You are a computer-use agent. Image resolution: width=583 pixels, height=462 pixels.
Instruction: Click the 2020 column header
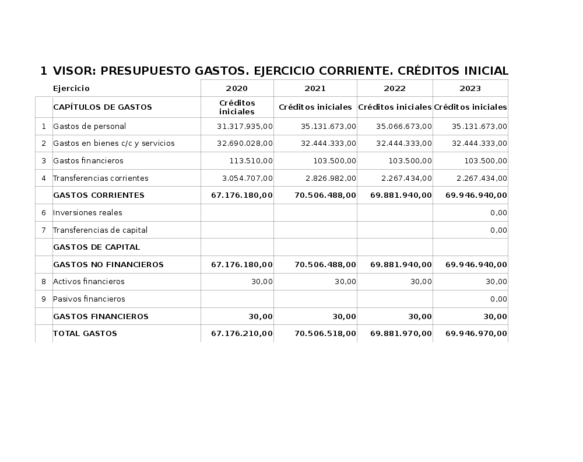pos(237,89)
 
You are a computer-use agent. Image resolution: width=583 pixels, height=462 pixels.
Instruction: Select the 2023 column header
pos(470,89)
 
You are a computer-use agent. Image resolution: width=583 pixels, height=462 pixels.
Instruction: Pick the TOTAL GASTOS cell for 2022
pos(401,334)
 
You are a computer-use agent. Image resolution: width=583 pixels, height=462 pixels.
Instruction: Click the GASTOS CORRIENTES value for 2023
pos(476,195)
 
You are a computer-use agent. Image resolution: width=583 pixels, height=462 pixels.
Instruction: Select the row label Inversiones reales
pos(87,213)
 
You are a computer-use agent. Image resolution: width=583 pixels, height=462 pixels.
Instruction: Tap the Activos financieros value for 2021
pos(345,282)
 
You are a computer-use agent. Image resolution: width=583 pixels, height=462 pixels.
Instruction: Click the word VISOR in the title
pos(74,71)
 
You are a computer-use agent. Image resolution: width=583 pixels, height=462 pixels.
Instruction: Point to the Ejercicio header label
pos(71,89)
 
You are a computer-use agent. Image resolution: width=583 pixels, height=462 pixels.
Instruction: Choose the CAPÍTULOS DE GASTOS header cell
pos(102,107)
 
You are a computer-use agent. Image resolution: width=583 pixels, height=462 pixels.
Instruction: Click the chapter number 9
pos(44,299)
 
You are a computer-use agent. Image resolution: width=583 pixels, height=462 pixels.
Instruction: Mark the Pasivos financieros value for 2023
pos(498,299)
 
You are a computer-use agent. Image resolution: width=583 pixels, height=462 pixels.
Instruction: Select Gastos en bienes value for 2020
pos(244,143)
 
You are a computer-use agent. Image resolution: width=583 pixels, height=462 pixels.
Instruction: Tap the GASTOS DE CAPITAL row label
pos(96,247)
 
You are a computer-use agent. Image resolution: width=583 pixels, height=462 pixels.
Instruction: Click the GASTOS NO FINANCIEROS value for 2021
pos(325,265)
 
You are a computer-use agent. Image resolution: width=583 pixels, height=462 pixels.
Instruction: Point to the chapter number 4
pos(44,178)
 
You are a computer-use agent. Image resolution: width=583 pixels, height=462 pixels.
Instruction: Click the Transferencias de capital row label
pos(100,230)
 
